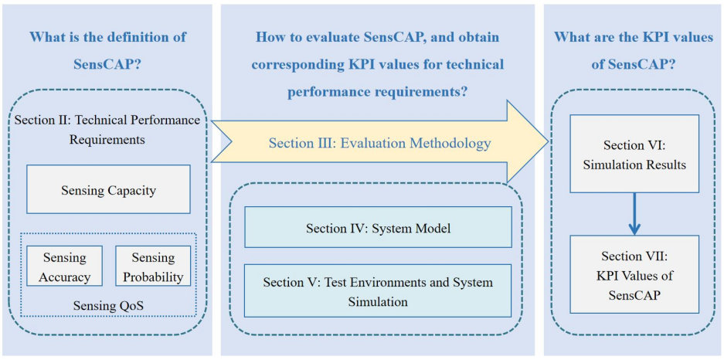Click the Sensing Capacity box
point(108,189)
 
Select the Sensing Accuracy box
point(66,267)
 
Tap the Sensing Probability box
point(153,267)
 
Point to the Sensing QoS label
point(108,306)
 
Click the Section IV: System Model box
point(378,227)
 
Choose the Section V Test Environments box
point(378,290)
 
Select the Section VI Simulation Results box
point(634,154)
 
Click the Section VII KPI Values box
point(634,274)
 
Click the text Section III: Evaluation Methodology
point(379,143)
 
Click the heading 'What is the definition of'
point(107,37)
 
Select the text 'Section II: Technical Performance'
point(107,121)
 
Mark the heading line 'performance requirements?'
point(377,91)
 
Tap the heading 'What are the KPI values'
point(634,37)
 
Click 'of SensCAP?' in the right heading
point(634,64)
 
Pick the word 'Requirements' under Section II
point(107,140)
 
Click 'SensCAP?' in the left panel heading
point(107,64)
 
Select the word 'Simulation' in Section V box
point(378,301)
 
